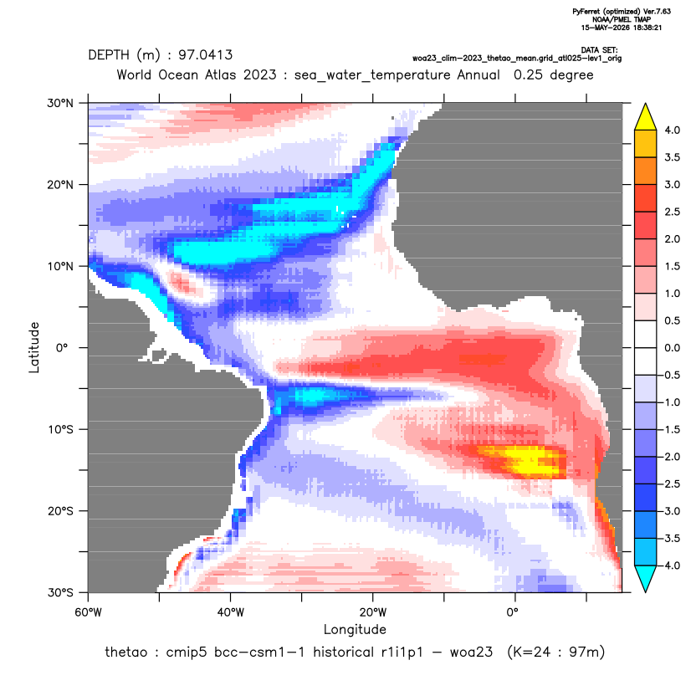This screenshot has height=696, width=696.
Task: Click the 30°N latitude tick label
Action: pyautogui.click(x=60, y=103)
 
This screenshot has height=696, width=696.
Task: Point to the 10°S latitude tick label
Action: pyautogui.click(x=60, y=430)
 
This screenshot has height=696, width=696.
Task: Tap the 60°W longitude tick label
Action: pyautogui.click(x=88, y=612)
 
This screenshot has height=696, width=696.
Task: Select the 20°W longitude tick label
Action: pyautogui.click(x=373, y=612)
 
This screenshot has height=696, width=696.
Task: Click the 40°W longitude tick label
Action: pyautogui.click(x=230, y=612)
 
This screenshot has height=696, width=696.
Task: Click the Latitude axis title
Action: pyautogui.click(x=34, y=347)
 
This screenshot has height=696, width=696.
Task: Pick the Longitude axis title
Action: pyautogui.click(x=355, y=629)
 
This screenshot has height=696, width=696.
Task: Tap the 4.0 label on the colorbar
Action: pyautogui.click(x=672, y=130)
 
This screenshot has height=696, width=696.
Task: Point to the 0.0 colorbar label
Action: pyautogui.click(x=672, y=348)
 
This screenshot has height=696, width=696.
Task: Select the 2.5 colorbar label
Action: pyautogui.click(x=672, y=212)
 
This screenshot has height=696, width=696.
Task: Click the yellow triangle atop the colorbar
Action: pyautogui.click(x=646, y=118)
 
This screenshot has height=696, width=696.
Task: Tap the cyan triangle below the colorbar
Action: pyautogui.click(x=646, y=578)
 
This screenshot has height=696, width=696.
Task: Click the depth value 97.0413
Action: pyautogui.click(x=206, y=55)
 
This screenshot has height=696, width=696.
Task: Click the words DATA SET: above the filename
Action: pyautogui.click(x=599, y=50)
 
